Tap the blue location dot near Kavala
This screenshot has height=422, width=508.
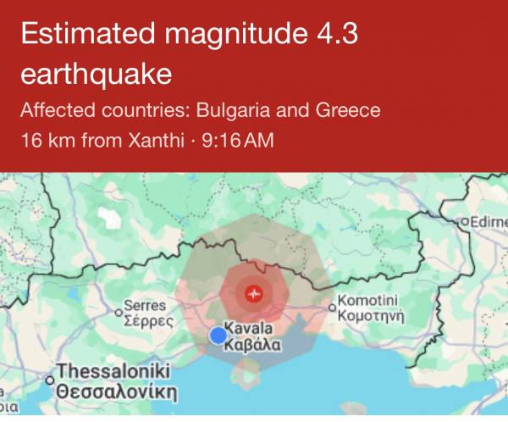[x=218, y=336]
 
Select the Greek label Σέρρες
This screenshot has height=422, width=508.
[x=148, y=321]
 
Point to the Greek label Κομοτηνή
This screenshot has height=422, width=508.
[x=372, y=316]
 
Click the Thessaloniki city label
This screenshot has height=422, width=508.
[x=113, y=372]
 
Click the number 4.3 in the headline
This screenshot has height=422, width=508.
[x=334, y=36]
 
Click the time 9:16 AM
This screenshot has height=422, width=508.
[x=238, y=139]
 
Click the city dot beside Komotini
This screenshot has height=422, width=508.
[x=333, y=308]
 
